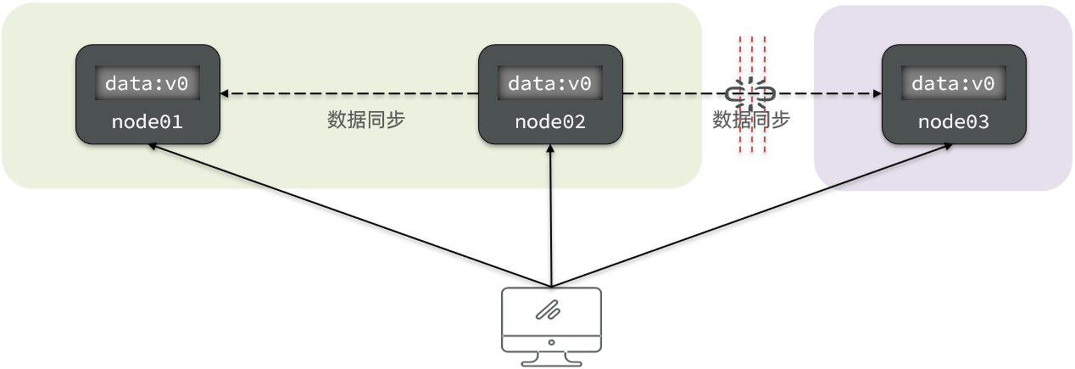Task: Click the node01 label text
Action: [148, 122]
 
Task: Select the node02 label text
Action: [550, 122]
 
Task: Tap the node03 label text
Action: [954, 122]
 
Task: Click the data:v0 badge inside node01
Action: [148, 83]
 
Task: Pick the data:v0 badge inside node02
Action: [550, 83]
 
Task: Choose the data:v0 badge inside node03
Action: [954, 83]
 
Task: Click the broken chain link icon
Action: [751, 92]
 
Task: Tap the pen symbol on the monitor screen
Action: [549, 310]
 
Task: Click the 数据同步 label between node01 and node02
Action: [366, 120]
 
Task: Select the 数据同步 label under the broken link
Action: [751, 120]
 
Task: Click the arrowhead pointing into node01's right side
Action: [225, 93]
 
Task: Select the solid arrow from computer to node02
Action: [551, 216]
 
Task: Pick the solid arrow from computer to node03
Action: [750, 215]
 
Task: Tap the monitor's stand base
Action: [551, 362]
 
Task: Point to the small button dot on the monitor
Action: [551, 343]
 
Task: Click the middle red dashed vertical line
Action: [752, 51]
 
